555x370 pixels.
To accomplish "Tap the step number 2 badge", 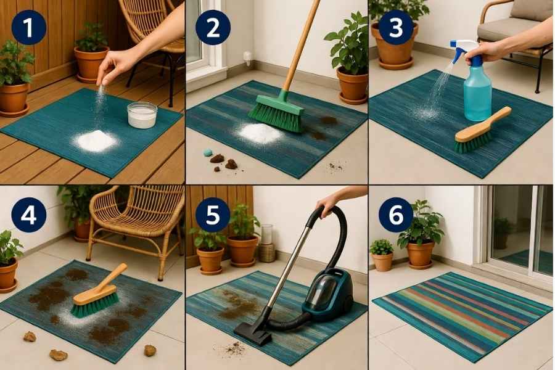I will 213,27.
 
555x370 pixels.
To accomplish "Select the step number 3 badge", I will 397,27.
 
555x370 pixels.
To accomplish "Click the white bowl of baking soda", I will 142,115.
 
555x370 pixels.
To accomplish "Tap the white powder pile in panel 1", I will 96,141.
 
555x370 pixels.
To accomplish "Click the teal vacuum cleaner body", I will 331,294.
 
